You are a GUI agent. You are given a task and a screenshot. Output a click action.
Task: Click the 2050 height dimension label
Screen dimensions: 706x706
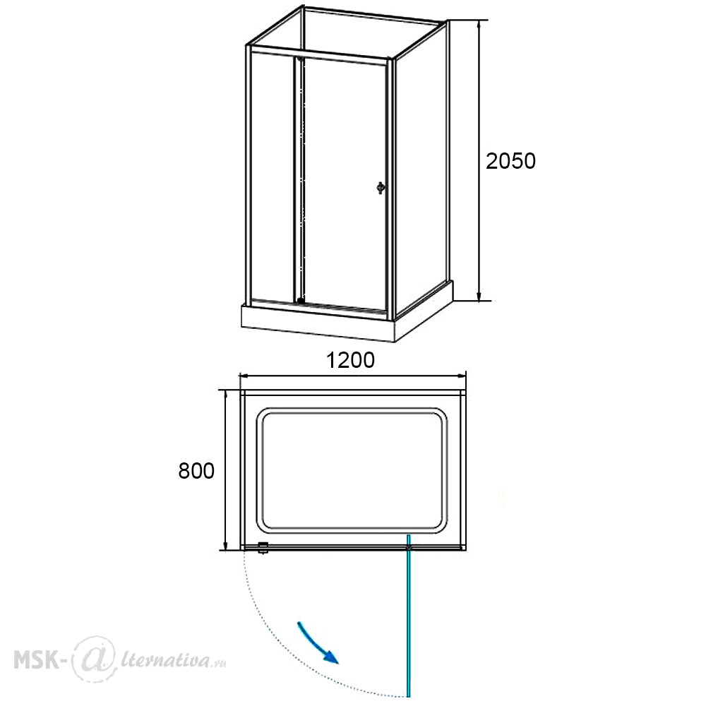pyautogui.click(x=510, y=161)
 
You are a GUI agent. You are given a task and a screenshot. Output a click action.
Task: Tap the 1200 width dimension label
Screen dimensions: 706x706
pyautogui.click(x=350, y=360)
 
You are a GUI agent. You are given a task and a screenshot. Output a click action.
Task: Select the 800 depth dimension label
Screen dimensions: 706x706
pyautogui.click(x=196, y=471)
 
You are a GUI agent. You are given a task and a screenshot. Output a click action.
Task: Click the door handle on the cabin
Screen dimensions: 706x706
pyautogui.click(x=381, y=187)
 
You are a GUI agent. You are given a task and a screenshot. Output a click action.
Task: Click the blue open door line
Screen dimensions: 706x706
pyautogui.click(x=409, y=616)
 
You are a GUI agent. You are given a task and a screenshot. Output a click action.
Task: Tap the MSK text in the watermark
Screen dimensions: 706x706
pyautogui.click(x=37, y=660)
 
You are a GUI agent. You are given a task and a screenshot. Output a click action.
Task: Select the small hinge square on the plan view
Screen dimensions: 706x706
pyautogui.click(x=263, y=548)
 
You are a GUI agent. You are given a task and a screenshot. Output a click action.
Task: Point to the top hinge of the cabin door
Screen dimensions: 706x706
pyautogui.click(x=300, y=58)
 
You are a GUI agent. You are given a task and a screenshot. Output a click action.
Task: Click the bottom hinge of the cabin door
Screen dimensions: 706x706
pyautogui.click(x=300, y=300)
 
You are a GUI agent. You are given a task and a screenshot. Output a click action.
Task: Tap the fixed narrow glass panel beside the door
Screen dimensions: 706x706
pyautogui.click(x=273, y=176)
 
